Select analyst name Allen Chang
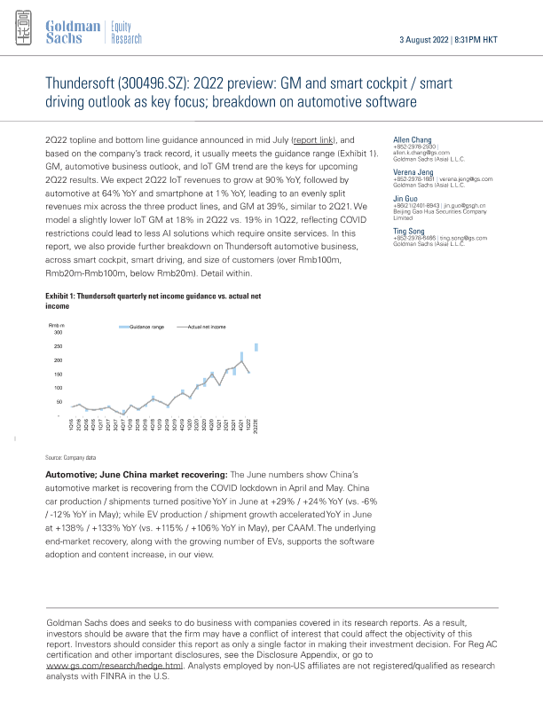point(412,140)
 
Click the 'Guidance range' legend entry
point(146,328)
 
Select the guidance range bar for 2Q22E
point(256,347)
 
